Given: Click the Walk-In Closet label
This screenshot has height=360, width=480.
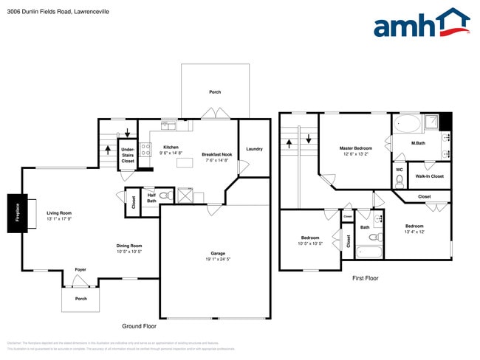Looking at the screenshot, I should (x=430, y=176).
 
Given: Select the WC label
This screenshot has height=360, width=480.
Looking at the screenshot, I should (x=400, y=170).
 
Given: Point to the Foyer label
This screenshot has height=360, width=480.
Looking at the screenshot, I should (x=80, y=270).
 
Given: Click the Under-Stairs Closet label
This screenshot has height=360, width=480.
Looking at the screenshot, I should (x=128, y=155).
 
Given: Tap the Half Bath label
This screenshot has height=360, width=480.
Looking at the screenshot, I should (x=151, y=198).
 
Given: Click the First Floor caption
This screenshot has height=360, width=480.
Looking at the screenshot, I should (x=365, y=278).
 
